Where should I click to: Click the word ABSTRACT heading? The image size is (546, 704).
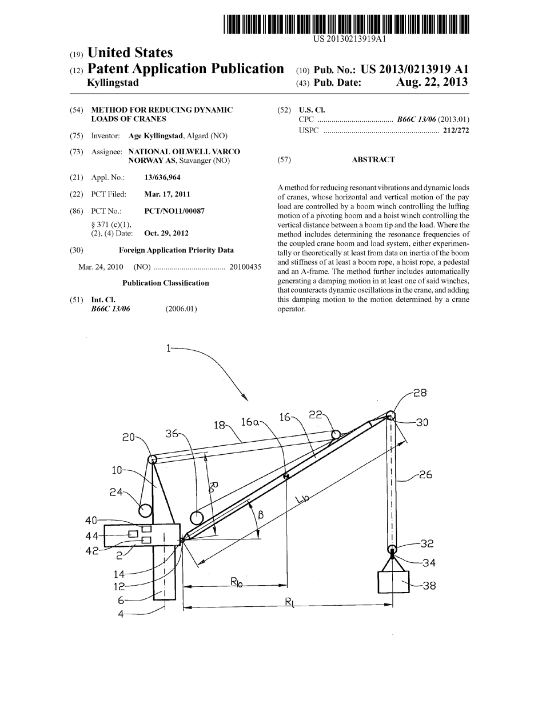tap(373, 160)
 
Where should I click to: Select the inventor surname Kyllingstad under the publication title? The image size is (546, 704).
tap(112, 82)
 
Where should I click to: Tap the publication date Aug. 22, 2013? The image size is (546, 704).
tap(432, 82)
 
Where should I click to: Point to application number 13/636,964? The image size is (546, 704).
tap(162, 178)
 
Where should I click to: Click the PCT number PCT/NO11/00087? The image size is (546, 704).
tap(174, 211)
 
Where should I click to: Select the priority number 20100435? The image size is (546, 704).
tap(245, 267)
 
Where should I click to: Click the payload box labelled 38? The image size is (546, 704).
tap(393, 582)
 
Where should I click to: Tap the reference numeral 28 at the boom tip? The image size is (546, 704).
tap(421, 393)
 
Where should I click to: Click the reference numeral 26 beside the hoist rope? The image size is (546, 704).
tap(425, 475)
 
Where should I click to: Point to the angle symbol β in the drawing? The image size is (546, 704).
tap(261, 515)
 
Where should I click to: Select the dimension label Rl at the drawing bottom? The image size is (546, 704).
tap(289, 601)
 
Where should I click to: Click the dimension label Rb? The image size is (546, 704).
tap(236, 582)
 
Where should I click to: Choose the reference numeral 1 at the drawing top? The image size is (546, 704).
tap(168, 348)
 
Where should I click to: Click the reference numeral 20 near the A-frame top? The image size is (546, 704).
tap(128, 437)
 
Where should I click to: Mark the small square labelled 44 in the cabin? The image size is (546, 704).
tap(133, 534)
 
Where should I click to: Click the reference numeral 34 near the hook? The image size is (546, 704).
tap(429, 563)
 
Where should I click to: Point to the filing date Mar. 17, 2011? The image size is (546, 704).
tap(167, 194)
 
